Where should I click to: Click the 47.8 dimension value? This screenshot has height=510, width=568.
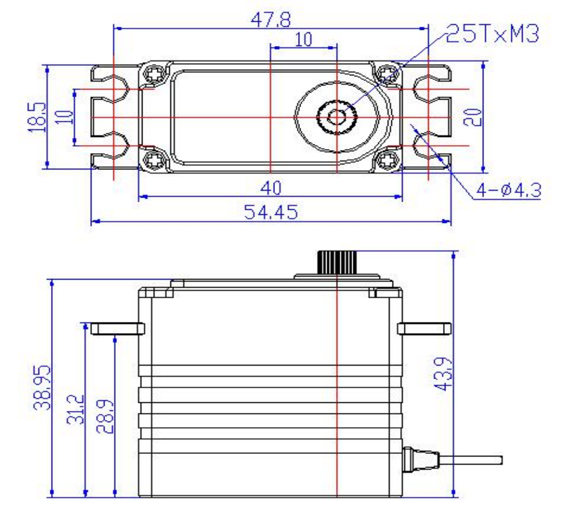coord(271,19)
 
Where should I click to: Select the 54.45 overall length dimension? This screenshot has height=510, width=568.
coord(271,212)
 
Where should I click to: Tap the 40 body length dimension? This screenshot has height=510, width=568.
coord(271,188)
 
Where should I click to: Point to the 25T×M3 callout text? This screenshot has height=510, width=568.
coord(493,34)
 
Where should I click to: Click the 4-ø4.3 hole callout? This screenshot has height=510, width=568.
coord(509,190)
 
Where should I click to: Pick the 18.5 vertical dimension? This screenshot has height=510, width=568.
coord(38,116)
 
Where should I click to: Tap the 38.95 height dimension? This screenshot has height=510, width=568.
coord(42,387)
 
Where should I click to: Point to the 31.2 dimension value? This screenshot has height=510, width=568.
coord(76,409)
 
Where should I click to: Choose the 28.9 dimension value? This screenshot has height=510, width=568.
coord(105,417)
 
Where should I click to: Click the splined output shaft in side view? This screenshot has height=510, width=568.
coord(337,262)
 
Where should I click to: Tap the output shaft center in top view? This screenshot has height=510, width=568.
coord(337,117)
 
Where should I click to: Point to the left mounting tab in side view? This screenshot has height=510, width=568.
coord(118,329)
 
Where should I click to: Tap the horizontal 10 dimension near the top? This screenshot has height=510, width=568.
coord(304,39)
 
